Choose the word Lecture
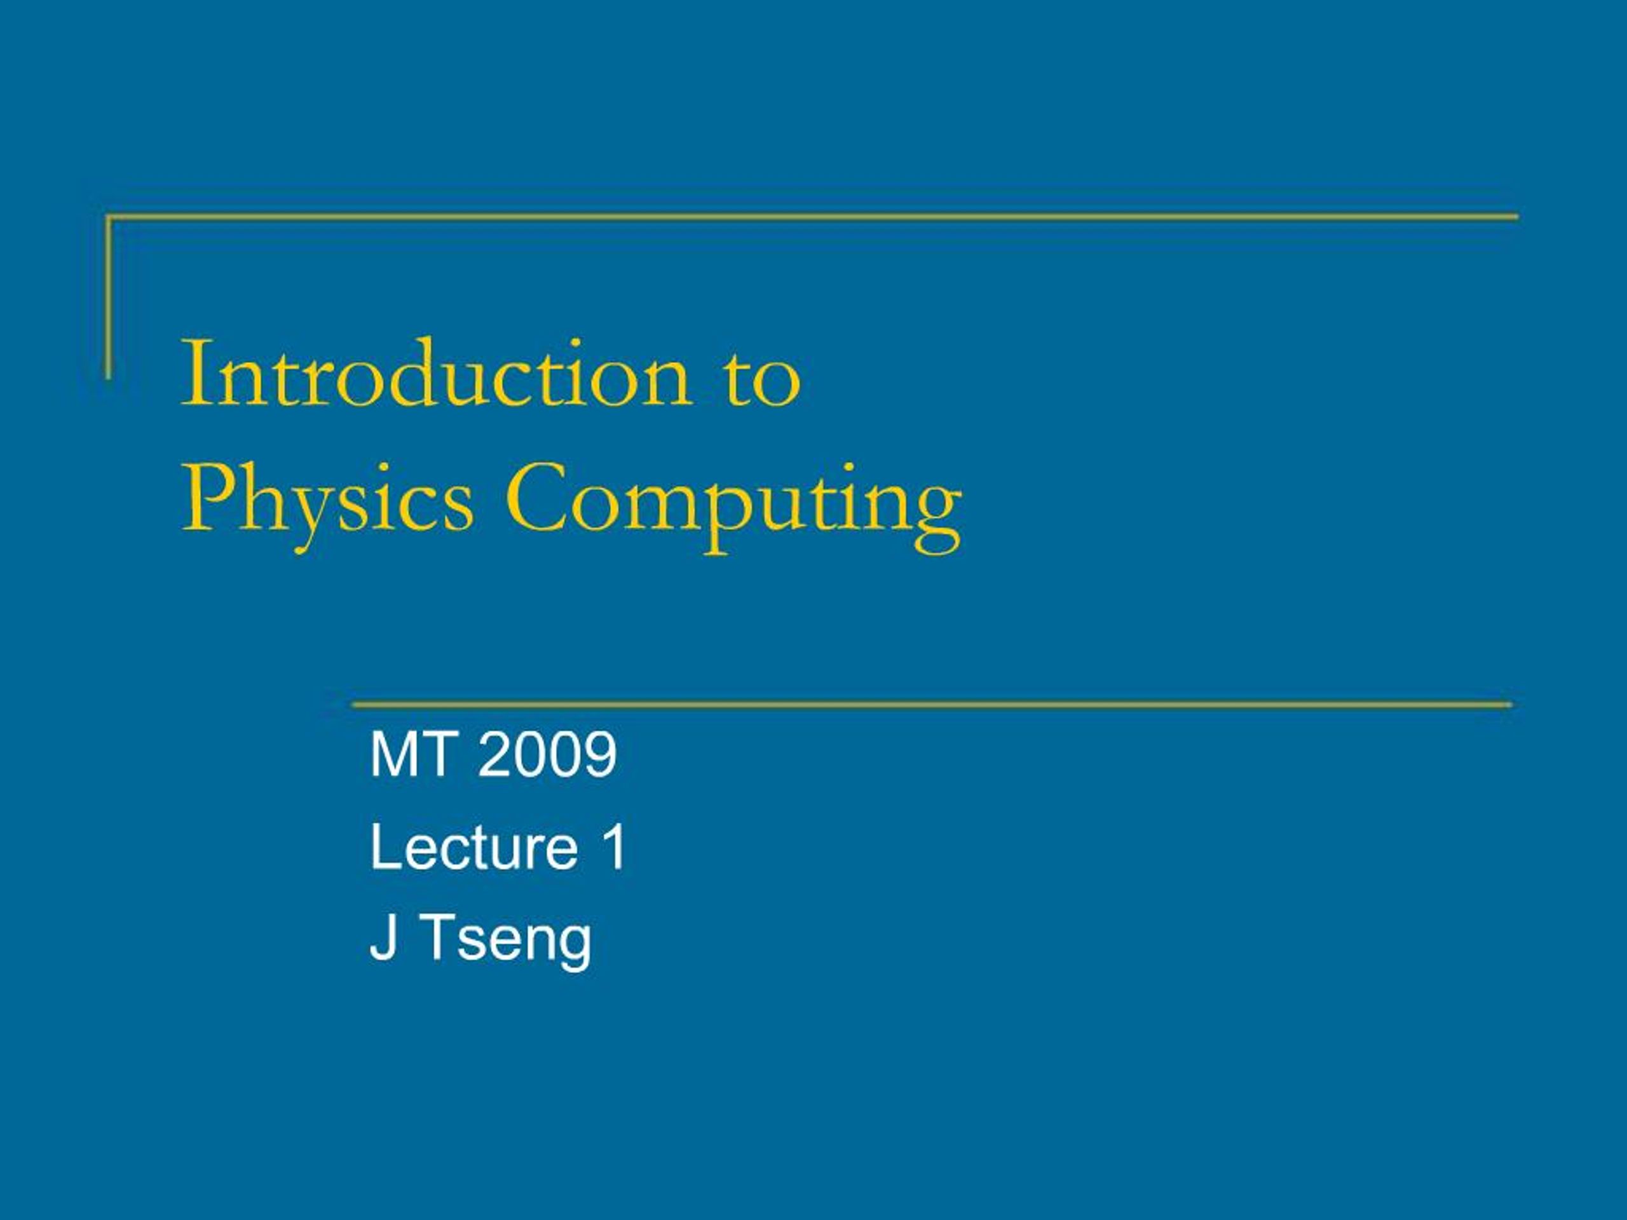[473, 847]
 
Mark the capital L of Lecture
[385, 847]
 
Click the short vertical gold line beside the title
[109, 298]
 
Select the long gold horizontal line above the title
[809, 217]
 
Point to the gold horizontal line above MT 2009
[931, 705]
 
